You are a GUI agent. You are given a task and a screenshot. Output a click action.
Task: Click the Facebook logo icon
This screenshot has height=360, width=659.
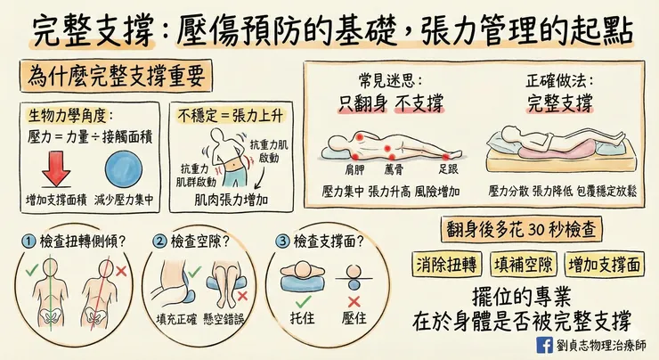pos(544,345)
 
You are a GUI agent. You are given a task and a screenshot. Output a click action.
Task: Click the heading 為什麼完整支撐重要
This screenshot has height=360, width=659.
pos(114,76)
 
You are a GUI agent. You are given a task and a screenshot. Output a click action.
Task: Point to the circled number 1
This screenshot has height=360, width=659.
pos(29,241)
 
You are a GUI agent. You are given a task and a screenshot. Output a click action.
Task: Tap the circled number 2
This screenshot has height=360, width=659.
pos(159,241)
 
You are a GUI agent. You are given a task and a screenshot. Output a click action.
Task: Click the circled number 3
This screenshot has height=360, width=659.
pos(281,241)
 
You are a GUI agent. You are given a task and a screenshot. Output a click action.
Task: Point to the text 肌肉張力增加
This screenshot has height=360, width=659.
pos(232,199)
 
